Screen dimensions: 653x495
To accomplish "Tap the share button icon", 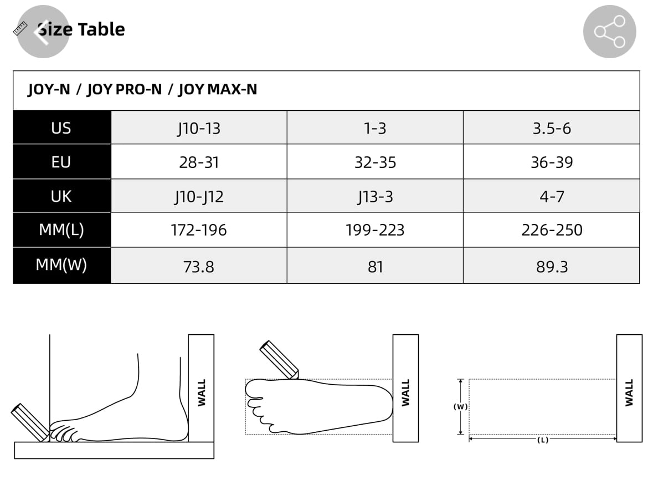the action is pyautogui.click(x=609, y=32).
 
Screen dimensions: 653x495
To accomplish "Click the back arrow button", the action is pyautogui.click(x=43, y=32).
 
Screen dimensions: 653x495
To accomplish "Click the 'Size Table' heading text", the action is pyautogui.click(x=81, y=29).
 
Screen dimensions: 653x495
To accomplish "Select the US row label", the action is pyautogui.click(x=61, y=128).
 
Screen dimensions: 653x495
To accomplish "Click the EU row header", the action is pyautogui.click(x=61, y=162).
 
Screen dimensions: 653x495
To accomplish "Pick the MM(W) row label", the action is pyautogui.click(x=61, y=264).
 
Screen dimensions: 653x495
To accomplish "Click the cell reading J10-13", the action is pyautogui.click(x=199, y=129).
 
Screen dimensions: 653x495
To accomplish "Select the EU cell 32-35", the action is pyautogui.click(x=375, y=162).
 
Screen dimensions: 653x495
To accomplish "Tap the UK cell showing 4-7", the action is pyautogui.click(x=552, y=196).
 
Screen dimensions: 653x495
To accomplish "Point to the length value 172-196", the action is pyautogui.click(x=199, y=230).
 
